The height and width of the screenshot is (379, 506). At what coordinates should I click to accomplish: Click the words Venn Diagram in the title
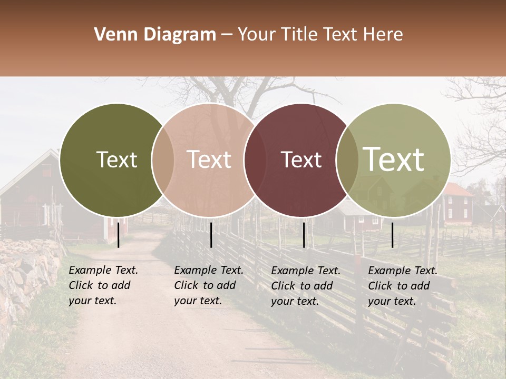click(155, 35)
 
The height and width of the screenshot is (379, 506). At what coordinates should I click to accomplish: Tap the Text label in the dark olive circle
click(116, 159)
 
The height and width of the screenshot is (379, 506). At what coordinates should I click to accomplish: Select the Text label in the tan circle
click(209, 159)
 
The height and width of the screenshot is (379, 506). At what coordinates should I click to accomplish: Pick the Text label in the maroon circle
click(301, 159)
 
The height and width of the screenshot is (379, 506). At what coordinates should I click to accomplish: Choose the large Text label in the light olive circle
click(394, 159)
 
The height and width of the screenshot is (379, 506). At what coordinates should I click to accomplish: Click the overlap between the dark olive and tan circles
click(163, 160)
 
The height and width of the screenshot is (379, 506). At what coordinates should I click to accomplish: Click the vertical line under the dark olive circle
click(119, 235)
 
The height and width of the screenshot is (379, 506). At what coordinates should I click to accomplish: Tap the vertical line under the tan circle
click(211, 235)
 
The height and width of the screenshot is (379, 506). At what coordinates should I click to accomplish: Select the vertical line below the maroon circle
click(304, 235)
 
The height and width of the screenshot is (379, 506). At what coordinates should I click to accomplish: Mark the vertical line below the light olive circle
click(393, 235)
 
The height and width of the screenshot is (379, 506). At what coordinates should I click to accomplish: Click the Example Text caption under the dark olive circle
click(103, 285)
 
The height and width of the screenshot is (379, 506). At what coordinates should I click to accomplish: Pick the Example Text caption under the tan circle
click(209, 285)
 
